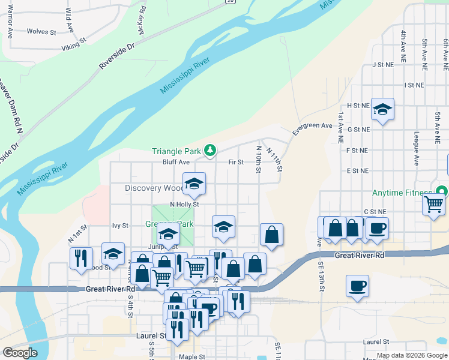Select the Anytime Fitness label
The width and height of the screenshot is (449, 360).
pyautogui.click(x=403, y=193)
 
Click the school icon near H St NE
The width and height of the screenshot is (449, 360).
pyautogui.click(x=382, y=110)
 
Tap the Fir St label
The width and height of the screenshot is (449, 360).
pyautogui.click(x=236, y=162)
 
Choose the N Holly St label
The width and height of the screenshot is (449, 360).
pyautogui.click(x=184, y=204)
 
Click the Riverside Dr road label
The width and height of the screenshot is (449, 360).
pyautogui.click(x=118, y=56)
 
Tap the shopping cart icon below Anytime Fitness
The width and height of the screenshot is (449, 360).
pyautogui.click(x=433, y=205)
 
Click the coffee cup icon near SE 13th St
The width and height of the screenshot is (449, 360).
pyautogui.click(x=357, y=286)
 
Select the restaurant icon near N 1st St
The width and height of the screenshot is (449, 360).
pyautogui.click(x=81, y=258)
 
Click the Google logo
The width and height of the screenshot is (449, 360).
pyautogui.click(x=20, y=353)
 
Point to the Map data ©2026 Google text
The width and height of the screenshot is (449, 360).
pyautogui.click(x=411, y=355)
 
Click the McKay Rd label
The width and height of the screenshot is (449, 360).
pyautogui.click(x=142, y=19)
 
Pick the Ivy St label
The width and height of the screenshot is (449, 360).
pyautogui.click(x=121, y=226)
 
